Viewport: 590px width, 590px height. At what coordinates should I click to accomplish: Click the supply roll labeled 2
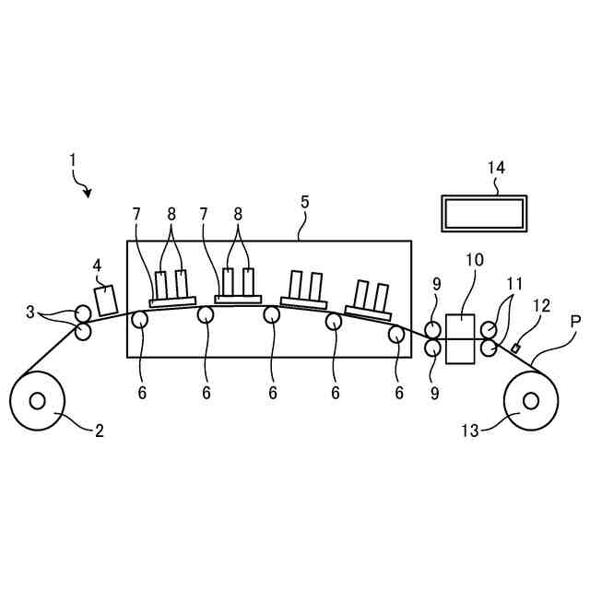click(x=38, y=401)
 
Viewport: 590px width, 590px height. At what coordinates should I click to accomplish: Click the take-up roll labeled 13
click(x=531, y=401)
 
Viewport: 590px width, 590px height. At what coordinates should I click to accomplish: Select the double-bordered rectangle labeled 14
click(x=484, y=214)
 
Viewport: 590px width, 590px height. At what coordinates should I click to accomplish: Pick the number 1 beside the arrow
click(x=72, y=159)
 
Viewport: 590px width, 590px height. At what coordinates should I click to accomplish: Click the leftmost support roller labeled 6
click(x=140, y=320)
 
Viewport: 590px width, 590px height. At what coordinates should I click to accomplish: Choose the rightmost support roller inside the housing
click(x=396, y=334)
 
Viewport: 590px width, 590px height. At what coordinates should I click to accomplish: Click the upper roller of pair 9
click(x=433, y=330)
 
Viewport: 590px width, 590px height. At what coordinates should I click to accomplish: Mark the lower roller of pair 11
click(x=489, y=349)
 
